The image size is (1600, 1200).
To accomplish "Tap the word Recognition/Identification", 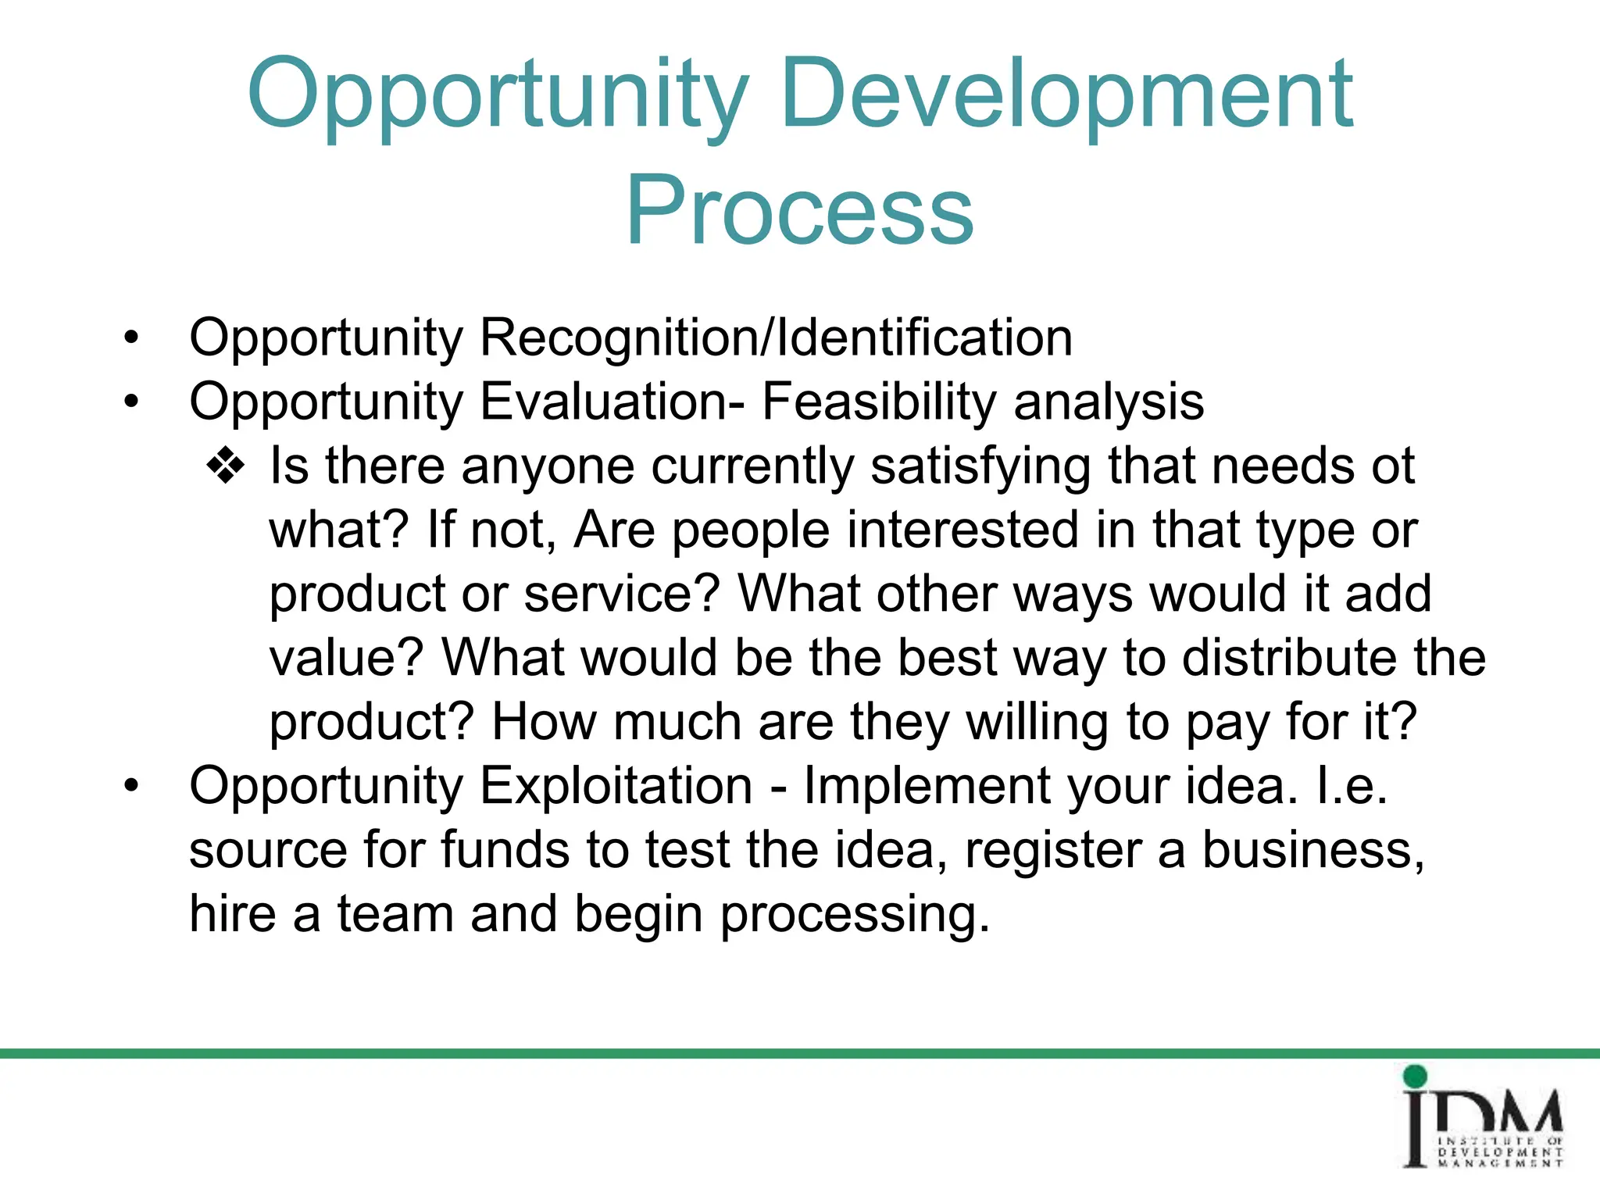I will coord(776,338).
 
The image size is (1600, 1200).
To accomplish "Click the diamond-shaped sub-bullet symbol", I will coord(226,466).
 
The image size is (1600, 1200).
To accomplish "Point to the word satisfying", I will coord(980,466).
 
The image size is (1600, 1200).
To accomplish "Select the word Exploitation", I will coord(616,786).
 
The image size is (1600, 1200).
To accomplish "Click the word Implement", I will coord(927,786).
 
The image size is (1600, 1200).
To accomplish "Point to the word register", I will coord(1053,850).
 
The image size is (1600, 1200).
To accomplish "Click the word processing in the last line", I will coord(854,914).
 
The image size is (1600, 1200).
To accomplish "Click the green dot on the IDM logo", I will coord(1415,1077).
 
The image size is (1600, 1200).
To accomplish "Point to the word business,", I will coord(1312,850).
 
